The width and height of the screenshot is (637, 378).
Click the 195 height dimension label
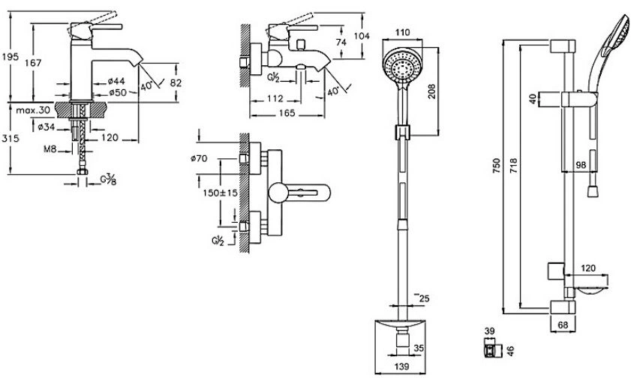coord(11,56)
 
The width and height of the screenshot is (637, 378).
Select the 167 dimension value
coord(33,63)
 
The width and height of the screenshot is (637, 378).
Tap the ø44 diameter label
coord(116,81)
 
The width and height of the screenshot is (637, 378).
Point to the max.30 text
coord(33,110)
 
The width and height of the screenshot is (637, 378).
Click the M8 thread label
coord(50,149)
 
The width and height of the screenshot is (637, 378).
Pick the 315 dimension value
coord(11,139)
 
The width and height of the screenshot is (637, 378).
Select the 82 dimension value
coord(176,82)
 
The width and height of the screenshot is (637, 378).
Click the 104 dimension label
coord(362,36)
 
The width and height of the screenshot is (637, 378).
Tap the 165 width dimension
coord(287,112)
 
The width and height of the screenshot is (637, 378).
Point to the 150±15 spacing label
coord(220,193)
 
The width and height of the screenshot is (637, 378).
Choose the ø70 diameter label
coord(199,158)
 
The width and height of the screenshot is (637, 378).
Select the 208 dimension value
coord(431,91)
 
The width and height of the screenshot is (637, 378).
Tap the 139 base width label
coord(401,367)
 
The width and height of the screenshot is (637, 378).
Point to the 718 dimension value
coord(512,166)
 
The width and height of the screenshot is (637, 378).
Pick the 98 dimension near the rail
coord(581,165)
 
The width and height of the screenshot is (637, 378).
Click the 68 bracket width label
coord(563,325)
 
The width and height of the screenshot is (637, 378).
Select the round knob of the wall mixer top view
coord(278,193)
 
